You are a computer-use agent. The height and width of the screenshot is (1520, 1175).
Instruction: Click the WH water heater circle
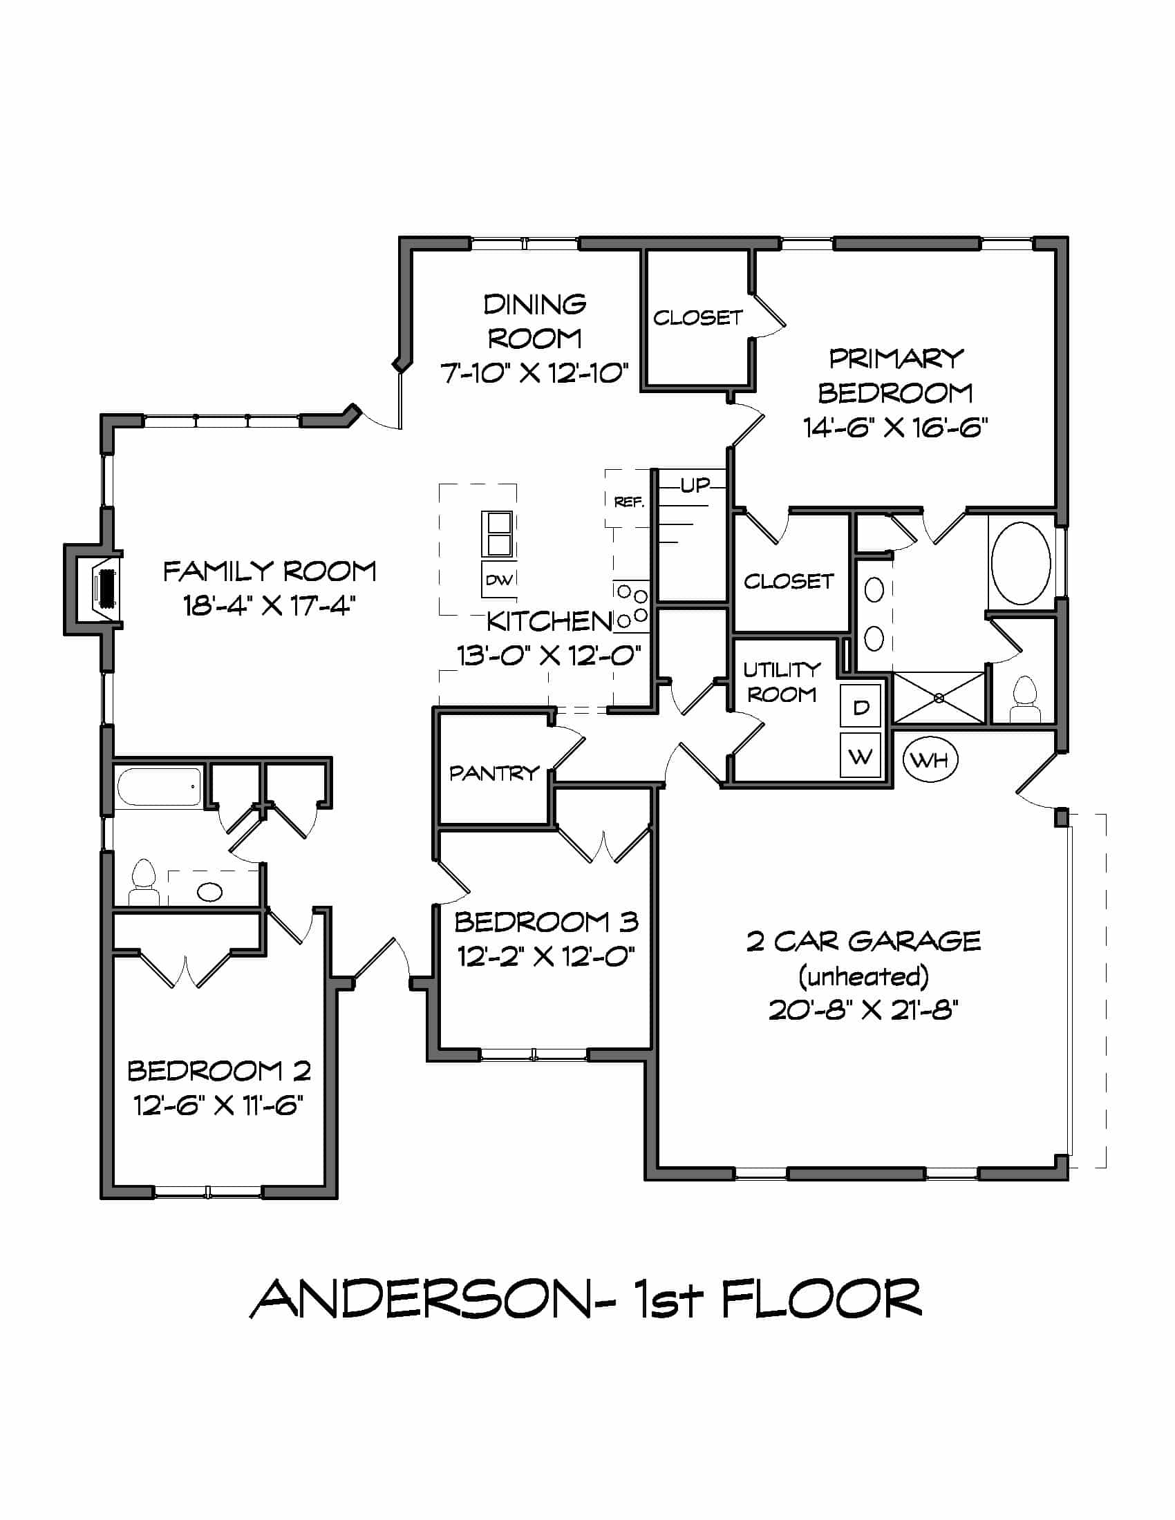tap(930, 759)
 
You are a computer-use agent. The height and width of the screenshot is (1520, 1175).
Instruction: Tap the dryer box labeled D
tap(861, 707)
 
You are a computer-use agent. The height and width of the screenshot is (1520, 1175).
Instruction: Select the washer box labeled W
tap(861, 756)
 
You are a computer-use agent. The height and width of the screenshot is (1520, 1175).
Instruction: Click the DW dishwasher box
tap(498, 580)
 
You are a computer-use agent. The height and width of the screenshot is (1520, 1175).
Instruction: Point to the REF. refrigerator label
tap(629, 501)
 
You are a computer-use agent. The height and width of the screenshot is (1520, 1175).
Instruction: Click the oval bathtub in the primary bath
tap(1020, 563)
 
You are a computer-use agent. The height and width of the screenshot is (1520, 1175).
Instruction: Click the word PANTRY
tap(494, 772)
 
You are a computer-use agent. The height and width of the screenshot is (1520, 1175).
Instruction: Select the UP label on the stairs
tap(695, 485)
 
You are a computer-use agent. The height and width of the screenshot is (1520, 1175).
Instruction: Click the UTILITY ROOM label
tap(782, 682)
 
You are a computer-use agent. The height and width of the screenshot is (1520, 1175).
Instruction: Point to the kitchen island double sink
tap(498, 534)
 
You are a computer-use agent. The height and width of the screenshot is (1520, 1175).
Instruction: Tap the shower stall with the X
tap(939, 697)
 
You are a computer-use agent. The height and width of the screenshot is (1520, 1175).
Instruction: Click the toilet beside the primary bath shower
tap(1024, 700)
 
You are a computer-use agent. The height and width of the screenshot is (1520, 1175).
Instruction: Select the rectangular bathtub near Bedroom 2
tap(160, 786)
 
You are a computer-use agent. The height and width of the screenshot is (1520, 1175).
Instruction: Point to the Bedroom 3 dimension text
tap(546, 956)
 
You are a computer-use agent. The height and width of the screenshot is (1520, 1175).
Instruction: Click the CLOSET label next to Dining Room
tap(697, 317)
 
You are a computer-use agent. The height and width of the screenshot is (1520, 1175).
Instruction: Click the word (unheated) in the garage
tap(863, 976)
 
